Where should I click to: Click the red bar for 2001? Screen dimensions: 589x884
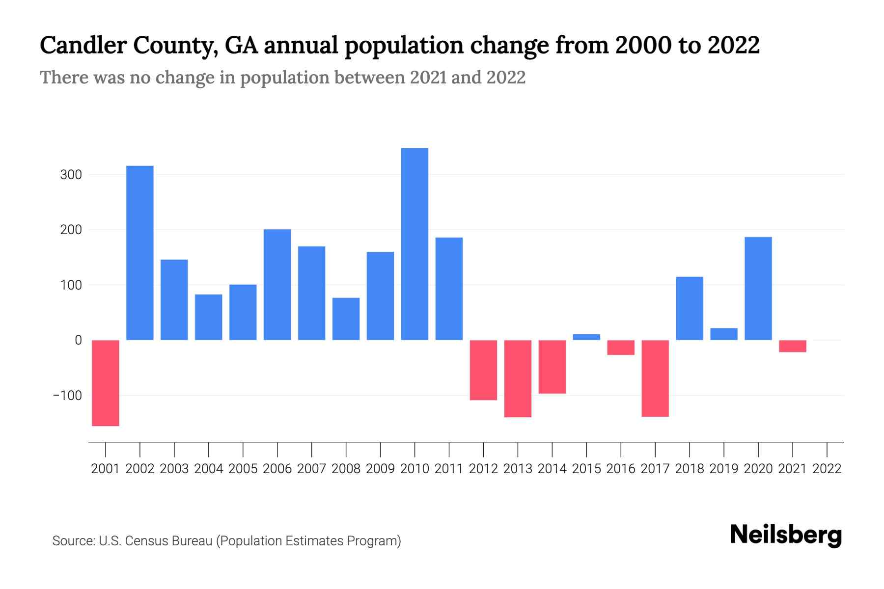pos(106,383)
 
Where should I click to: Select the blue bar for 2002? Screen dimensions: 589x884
pos(140,253)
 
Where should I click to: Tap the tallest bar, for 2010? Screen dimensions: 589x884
pos(414,244)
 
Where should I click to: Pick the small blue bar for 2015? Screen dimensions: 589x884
pos(586,337)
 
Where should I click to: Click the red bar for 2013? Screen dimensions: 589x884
pos(518,378)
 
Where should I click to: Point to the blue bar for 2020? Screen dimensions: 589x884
pos(758,289)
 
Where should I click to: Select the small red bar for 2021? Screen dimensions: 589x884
pos(793,346)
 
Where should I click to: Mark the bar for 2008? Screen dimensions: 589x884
pos(346,319)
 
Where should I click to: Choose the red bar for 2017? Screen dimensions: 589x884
pos(655,378)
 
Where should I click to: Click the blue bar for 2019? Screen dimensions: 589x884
pos(724,334)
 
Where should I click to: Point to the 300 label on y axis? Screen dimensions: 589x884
pos(71,175)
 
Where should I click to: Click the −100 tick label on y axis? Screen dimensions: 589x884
pos(67,396)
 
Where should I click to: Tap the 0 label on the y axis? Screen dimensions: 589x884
pos(78,340)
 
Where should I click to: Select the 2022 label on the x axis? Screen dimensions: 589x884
pos(827,469)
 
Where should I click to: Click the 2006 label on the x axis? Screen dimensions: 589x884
pos(277,469)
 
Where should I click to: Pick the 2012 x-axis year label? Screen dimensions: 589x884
pos(483,469)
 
